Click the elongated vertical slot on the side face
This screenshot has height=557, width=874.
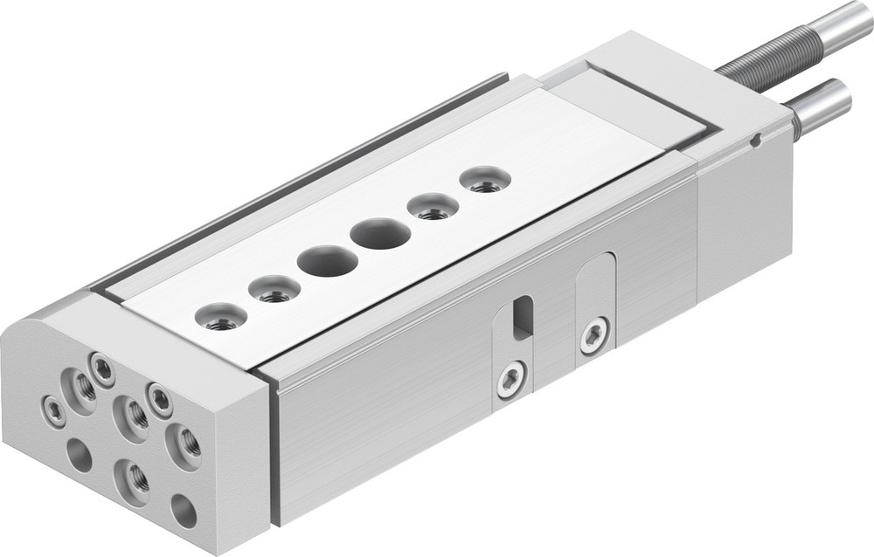click(x=522, y=317)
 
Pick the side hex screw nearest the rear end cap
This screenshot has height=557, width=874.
click(x=594, y=335)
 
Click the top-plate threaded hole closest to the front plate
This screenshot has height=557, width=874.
click(x=222, y=318)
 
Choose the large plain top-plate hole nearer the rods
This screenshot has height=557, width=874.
click(x=380, y=233)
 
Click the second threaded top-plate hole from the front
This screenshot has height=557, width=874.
click(x=274, y=290)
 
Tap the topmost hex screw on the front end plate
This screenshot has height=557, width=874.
click(x=102, y=370)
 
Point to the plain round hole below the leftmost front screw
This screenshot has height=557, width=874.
click(x=80, y=455)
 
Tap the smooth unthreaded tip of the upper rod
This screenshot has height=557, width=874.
click(x=839, y=23)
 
